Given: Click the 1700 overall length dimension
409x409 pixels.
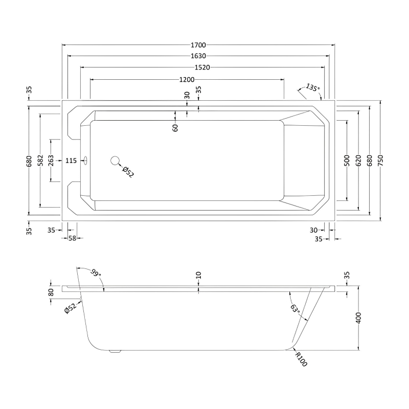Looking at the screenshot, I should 198,45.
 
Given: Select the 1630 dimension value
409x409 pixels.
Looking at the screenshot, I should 198,56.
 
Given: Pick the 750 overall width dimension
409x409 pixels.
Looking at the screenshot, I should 380,161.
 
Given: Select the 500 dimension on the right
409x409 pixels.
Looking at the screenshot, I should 347,161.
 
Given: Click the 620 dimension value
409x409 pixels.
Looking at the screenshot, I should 358,161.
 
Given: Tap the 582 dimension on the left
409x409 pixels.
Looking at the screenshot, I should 40,161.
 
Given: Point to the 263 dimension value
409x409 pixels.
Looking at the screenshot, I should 51,161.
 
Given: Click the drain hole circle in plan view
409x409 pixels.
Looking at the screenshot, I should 115,161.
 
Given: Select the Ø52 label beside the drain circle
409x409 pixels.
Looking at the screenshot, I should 128,172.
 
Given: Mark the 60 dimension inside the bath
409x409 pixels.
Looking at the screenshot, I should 175,128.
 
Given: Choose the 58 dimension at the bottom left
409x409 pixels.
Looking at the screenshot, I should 72,238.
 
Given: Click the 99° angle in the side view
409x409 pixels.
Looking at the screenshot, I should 96,272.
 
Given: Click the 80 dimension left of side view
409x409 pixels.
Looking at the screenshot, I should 51,292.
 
